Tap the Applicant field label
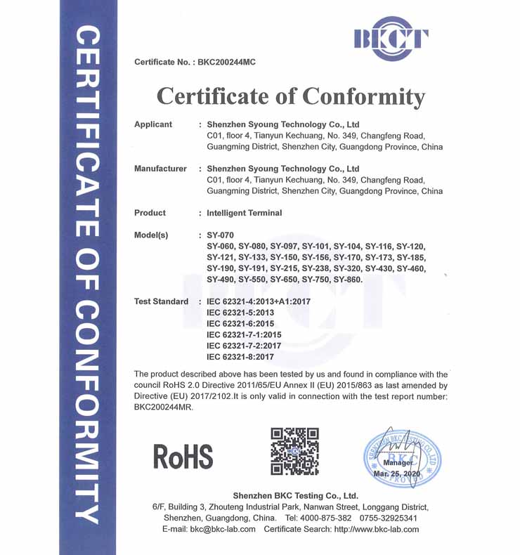153,124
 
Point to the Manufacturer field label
160,169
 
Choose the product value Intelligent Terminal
244,213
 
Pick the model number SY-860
348,280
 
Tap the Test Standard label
161,301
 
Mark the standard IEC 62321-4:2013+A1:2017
258,301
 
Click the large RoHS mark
183,457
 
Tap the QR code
294,451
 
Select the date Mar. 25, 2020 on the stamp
396,475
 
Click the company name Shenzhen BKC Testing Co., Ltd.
295,495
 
